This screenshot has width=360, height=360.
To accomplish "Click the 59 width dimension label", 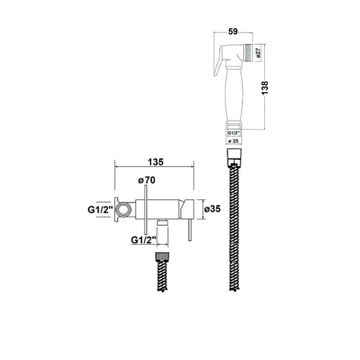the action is click(233, 32).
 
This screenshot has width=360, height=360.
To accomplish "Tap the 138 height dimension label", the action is click(265, 88).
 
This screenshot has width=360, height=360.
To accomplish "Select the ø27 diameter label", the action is click(258, 53).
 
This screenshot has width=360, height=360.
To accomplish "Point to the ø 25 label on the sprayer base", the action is click(233, 141).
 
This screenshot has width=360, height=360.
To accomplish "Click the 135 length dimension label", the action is click(156, 162).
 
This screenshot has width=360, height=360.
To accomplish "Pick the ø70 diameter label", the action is click(147, 180).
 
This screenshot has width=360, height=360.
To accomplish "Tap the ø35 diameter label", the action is click(212, 209).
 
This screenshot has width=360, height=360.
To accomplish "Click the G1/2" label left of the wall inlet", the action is click(100, 210).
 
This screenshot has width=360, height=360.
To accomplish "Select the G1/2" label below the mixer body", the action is click(144, 240).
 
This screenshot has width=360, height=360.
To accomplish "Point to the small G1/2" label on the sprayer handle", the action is click(233, 132).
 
